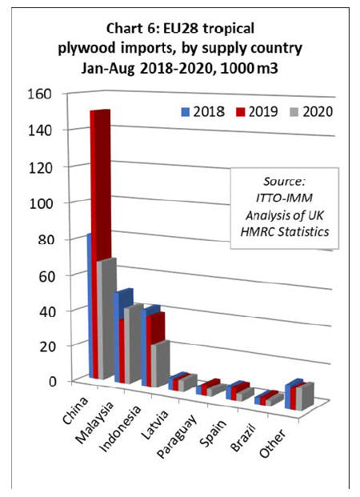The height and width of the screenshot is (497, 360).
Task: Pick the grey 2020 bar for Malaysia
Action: coord(134,344)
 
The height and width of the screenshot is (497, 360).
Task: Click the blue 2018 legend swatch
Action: coord(186,112)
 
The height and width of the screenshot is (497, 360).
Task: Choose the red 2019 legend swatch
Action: coord(241,112)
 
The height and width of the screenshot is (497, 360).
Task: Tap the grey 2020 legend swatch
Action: coord(294,112)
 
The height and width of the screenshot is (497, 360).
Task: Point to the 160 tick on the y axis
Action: coord(40,94)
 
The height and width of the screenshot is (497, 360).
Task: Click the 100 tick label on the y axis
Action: coord(41,203)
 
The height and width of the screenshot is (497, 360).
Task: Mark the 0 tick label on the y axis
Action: coord(52,381)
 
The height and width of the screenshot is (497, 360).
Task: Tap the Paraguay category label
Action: coord(177,436)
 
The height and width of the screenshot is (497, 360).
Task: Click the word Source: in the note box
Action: coord(284,182)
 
